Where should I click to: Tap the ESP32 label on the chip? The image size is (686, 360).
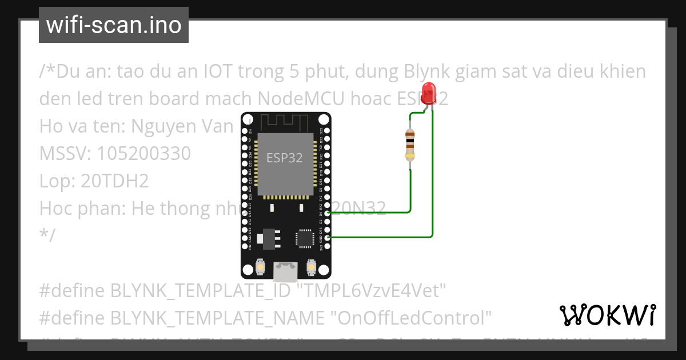[284, 158]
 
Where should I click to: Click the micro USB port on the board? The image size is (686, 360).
[285, 271]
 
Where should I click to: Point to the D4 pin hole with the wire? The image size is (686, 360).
[327, 212]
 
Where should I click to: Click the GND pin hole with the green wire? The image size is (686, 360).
[327, 237]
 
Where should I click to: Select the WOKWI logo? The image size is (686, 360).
[608, 314]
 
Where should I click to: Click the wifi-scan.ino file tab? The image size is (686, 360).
[114, 25]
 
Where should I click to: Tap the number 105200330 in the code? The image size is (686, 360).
[143, 154]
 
